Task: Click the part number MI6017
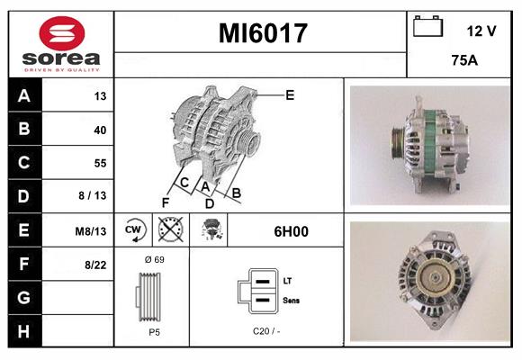pyautogui.click(x=263, y=34)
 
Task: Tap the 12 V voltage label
pyautogui.click(x=481, y=31)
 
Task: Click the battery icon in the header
pyautogui.click(x=427, y=28)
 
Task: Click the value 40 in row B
pyautogui.click(x=99, y=130)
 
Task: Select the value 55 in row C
pyautogui.click(x=99, y=164)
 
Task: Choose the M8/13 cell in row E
pyautogui.click(x=91, y=231)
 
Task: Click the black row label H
pyautogui.click(x=24, y=331)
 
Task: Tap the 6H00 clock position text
pyautogui.click(x=291, y=231)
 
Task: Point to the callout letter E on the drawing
pyautogui.click(x=290, y=94)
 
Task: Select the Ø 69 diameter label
pyautogui.click(x=153, y=260)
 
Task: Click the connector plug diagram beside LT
pyautogui.click(x=257, y=292)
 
